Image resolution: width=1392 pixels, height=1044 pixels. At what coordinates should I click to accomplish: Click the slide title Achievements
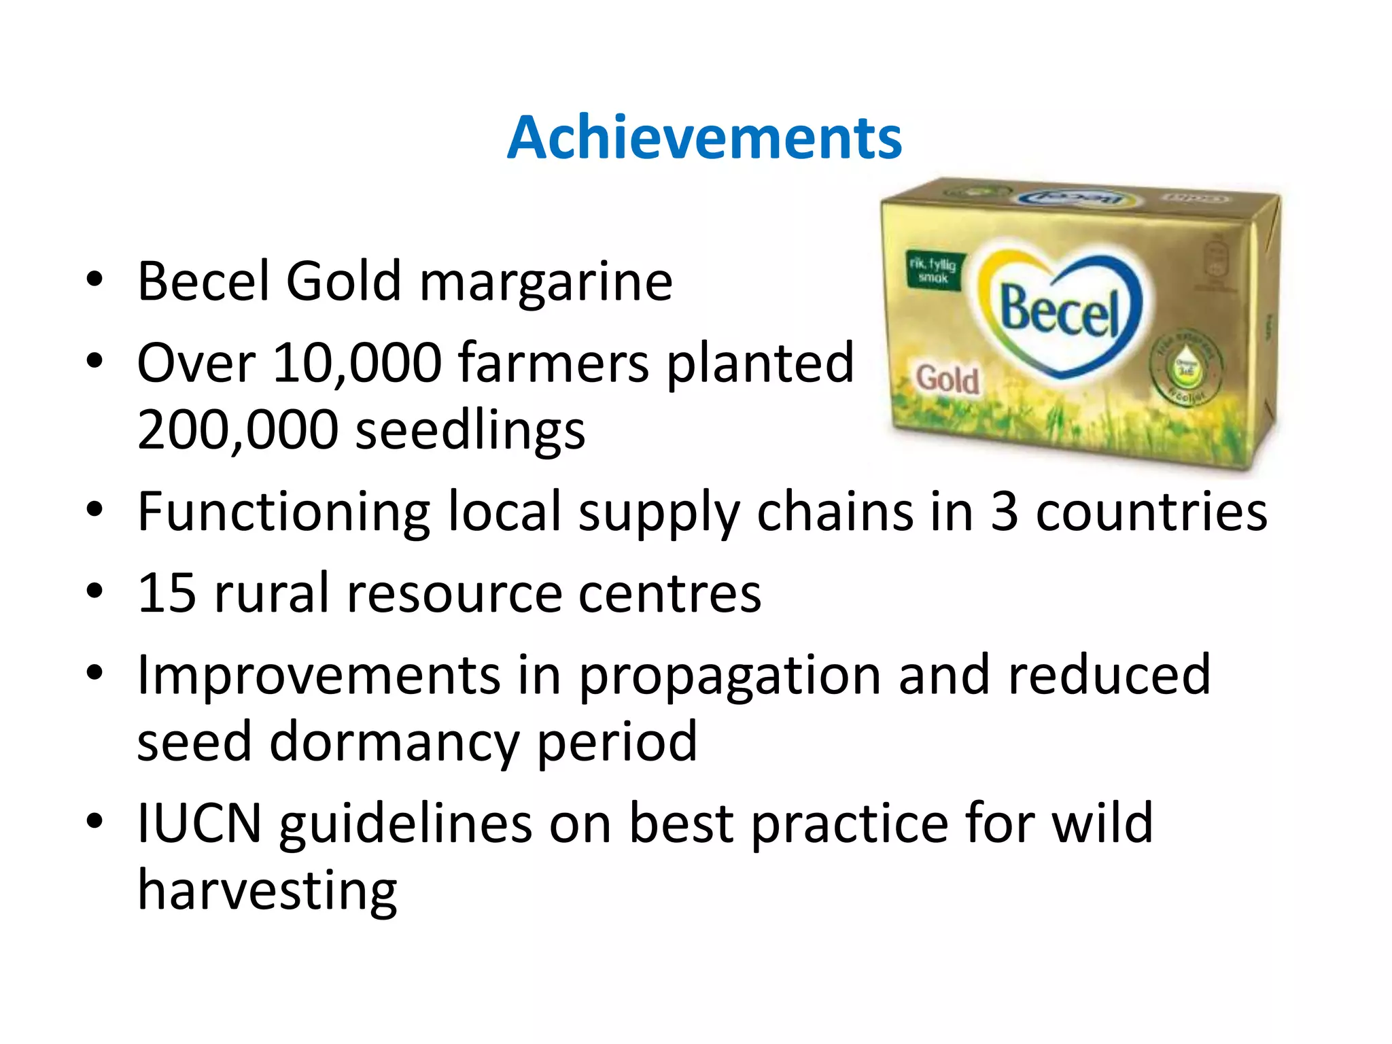click(x=704, y=138)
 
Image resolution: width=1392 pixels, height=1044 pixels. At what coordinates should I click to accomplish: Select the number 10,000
click(x=358, y=363)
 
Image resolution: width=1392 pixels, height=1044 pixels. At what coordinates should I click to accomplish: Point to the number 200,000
click(x=237, y=430)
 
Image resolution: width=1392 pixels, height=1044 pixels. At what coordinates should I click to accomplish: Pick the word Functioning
click(x=283, y=512)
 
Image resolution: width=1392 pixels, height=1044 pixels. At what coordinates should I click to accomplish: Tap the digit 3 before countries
click(x=1005, y=511)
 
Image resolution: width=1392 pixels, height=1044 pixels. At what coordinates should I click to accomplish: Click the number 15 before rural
click(x=167, y=593)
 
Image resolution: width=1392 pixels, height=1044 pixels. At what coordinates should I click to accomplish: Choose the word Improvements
click(x=319, y=675)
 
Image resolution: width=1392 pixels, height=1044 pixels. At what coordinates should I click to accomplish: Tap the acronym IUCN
click(x=199, y=823)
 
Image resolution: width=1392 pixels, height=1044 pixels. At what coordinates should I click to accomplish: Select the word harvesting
click(x=267, y=891)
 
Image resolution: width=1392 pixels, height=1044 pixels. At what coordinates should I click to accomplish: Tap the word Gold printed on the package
click(x=947, y=379)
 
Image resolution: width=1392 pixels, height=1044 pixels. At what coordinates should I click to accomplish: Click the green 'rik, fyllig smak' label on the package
click(x=933, y=270)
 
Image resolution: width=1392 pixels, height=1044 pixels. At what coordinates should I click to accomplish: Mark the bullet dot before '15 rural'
click(x=94, y=591)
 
